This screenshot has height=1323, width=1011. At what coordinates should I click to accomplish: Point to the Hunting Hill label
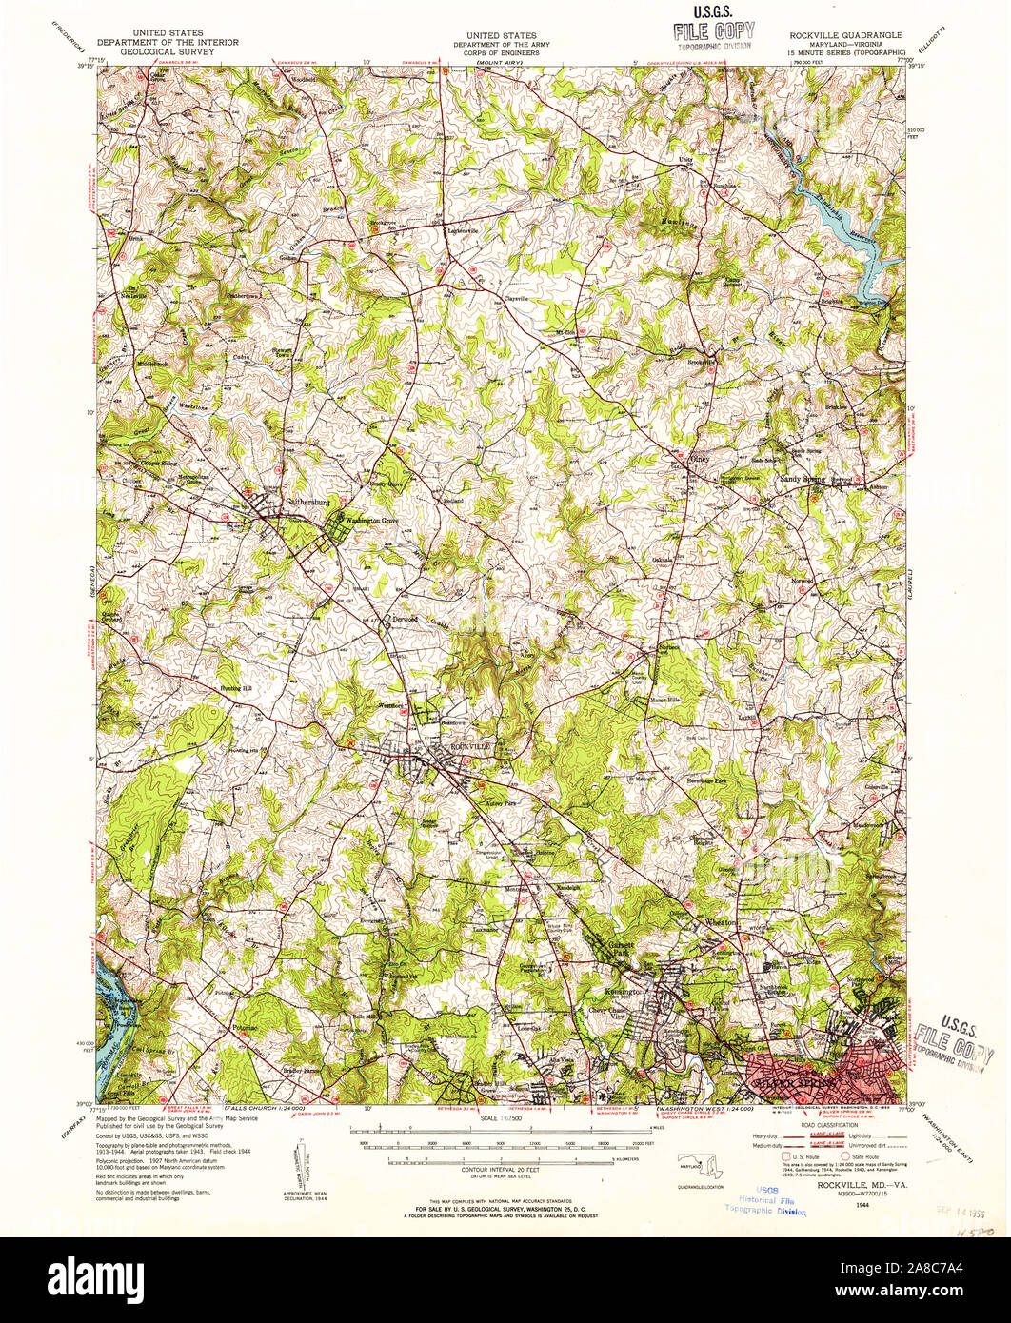pyautogui.click(x=210, y=687)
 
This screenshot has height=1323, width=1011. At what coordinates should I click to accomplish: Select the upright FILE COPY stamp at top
pyautogui.click(x=714, y=28)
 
